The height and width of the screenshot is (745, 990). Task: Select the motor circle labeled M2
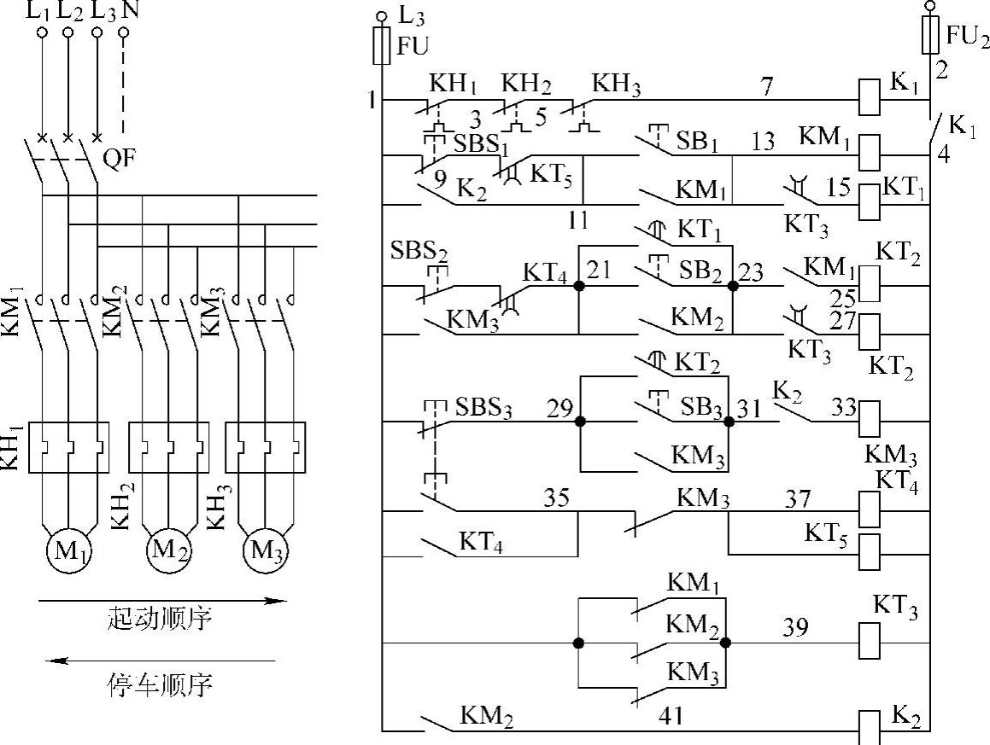coord(167,547)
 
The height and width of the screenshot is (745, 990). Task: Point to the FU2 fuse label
coord(967,37)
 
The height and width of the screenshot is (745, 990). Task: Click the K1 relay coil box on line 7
coord(869,98)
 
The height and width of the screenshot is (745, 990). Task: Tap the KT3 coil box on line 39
coord(869,641)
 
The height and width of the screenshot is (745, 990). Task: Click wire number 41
coord(672,715)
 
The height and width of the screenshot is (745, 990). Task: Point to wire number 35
coord(556,498)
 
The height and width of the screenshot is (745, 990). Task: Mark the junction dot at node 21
coord(579,286)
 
